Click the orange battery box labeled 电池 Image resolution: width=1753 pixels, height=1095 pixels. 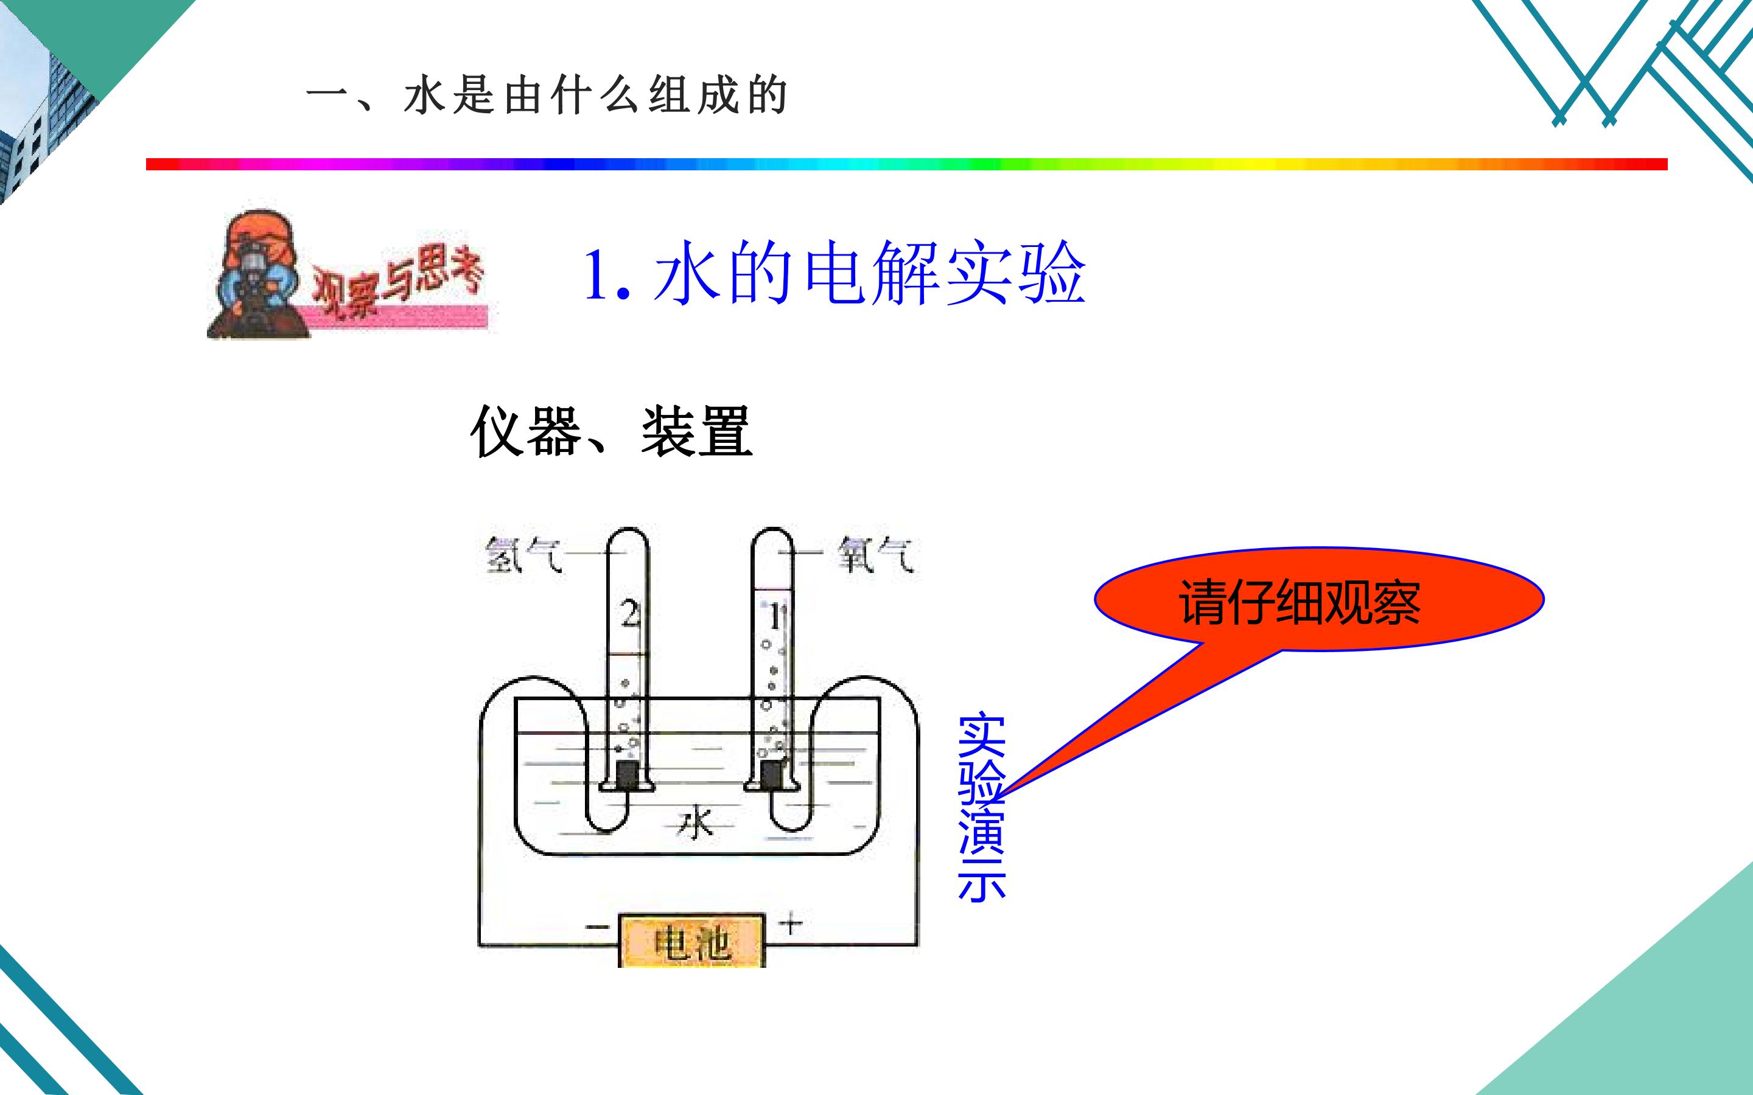click(x=692, y=940)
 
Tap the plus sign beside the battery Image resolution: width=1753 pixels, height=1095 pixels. click(x=790, y=923)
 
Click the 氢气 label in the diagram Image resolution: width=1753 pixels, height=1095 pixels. click(x=523, y=555)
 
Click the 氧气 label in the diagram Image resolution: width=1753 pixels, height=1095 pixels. click(x=876, y=555)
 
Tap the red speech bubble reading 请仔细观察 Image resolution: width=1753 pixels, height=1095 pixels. click(x=1318, y=600)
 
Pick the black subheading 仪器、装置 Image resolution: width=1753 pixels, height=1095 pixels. click(x=612, y=432)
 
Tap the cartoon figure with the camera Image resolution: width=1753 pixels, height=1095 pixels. click(x=257, y=274)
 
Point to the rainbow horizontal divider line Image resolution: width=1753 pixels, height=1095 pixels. click(x=907, y=164)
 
